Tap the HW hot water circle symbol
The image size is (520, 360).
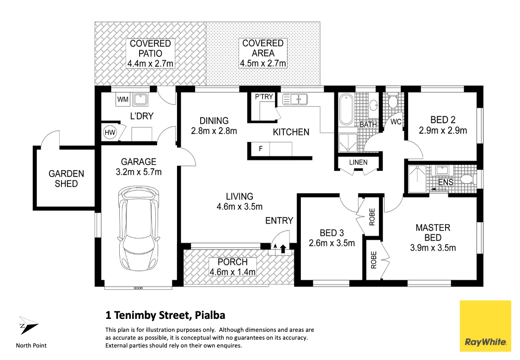(x=110, y=133)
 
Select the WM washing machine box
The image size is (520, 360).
(x=122, y=99)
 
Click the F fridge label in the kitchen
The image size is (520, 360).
(x=260, y=149)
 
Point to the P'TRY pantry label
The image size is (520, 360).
(x=264, y=97)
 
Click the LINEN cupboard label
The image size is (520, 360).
(x=358, y=162)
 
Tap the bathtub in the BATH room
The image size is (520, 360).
(x=346, y=110)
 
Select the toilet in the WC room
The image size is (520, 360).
(x=393, y=101)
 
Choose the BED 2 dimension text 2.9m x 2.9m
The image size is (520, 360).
(x=443, y=131)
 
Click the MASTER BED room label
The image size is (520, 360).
(x=433, y=232)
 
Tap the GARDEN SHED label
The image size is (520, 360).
(x=67, y=179)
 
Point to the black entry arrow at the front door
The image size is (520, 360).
(x=283, y=250)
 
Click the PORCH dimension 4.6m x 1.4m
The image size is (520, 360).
(x=232, y=272)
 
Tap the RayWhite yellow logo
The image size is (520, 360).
(x=485, y=325)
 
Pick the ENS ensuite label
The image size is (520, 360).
(x=445, y=182)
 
